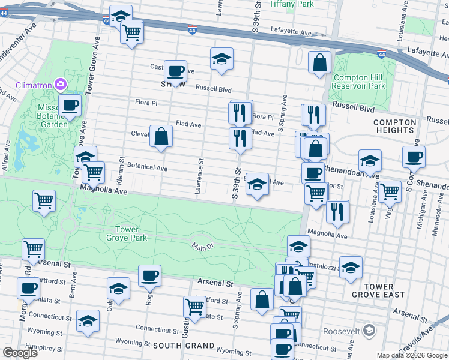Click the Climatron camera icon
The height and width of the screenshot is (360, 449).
(x=61, y=83)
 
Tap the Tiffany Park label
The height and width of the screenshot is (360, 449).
(x=292, y=4)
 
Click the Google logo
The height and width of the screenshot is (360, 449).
(x=20, y=353)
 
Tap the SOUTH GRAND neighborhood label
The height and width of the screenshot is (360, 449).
(x=184, y=346)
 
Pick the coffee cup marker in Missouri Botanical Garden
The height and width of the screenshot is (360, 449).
(x=70, y=105)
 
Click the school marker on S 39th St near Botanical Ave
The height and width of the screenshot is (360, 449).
(x=257, y=184)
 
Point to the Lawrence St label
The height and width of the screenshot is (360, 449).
(x=199, y=176)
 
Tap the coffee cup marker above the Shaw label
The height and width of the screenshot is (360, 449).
(x=175, y=71)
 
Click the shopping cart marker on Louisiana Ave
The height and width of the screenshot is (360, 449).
(x=390, y=191)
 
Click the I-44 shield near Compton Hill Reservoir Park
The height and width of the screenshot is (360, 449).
(x=381, y=55)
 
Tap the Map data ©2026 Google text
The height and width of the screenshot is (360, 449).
(x=412, y=355)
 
